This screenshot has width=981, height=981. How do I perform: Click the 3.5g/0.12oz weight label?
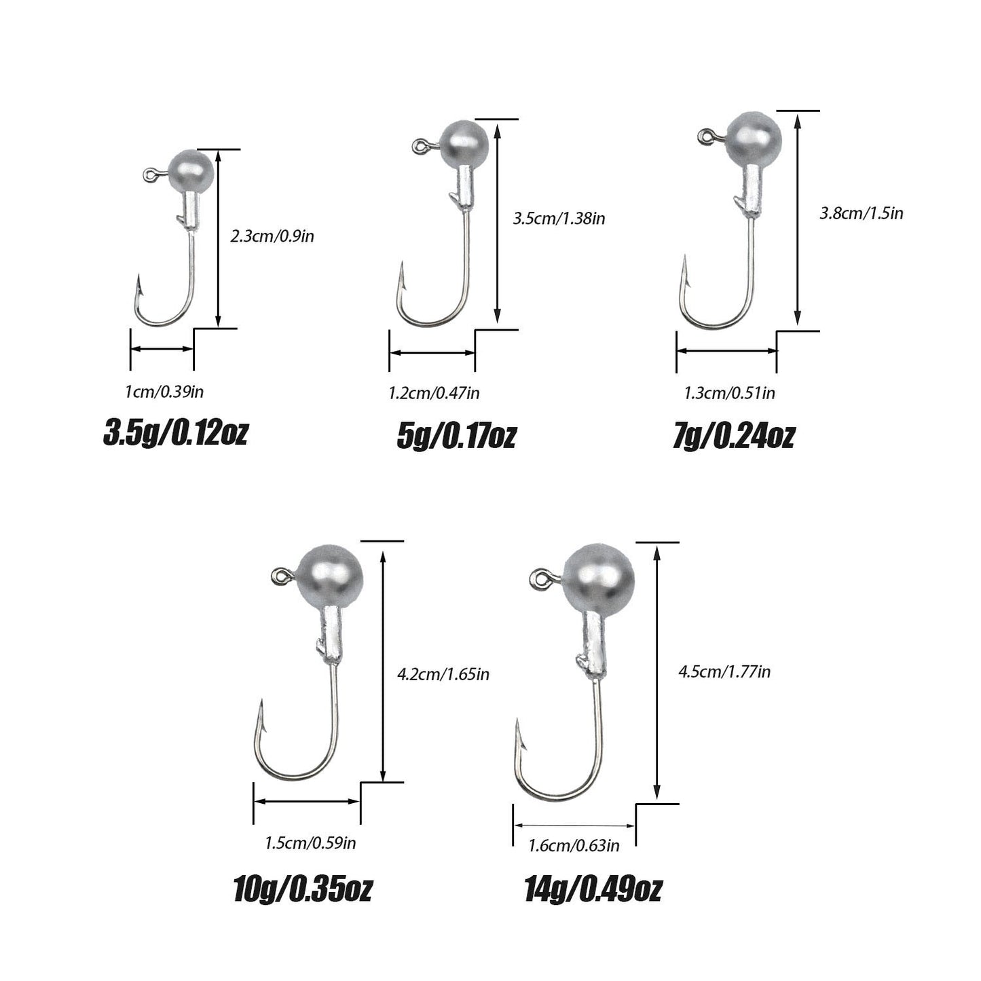point(175,433)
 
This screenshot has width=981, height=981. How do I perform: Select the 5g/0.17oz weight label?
point(456,436)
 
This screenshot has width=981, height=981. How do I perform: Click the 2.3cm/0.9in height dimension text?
point(272,236)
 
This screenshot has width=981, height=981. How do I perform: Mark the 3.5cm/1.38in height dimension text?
point(559,219)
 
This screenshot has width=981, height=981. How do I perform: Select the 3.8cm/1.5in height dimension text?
point(862,212)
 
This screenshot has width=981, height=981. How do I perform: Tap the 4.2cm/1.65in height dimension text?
point(443,674)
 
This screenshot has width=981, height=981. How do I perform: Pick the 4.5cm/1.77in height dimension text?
point(724,671)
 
